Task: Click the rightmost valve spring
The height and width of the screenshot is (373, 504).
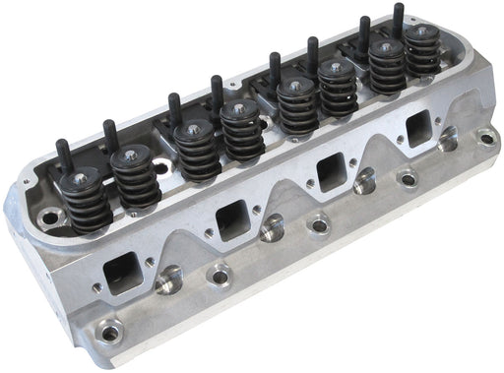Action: [421, 54]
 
